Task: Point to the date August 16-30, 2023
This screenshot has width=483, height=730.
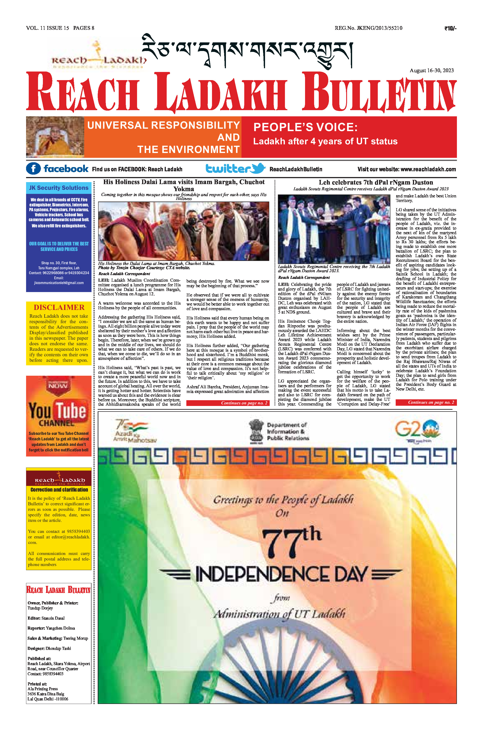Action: click(x=431, y=70)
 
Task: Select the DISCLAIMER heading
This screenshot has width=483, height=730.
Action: click(x=59, y=307)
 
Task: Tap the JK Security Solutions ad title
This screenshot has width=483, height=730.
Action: click(x=59, y=188)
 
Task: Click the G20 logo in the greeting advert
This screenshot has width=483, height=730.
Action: click(x=417, y=429)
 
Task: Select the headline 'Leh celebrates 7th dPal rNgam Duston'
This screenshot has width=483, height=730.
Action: click(x=367, y=182)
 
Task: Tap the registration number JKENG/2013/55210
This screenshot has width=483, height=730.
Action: click(x=380, y=28)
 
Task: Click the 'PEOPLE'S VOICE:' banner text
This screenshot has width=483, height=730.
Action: click(x=305, y=127)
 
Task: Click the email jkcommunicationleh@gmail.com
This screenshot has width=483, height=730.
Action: click(x=59, y=283)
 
